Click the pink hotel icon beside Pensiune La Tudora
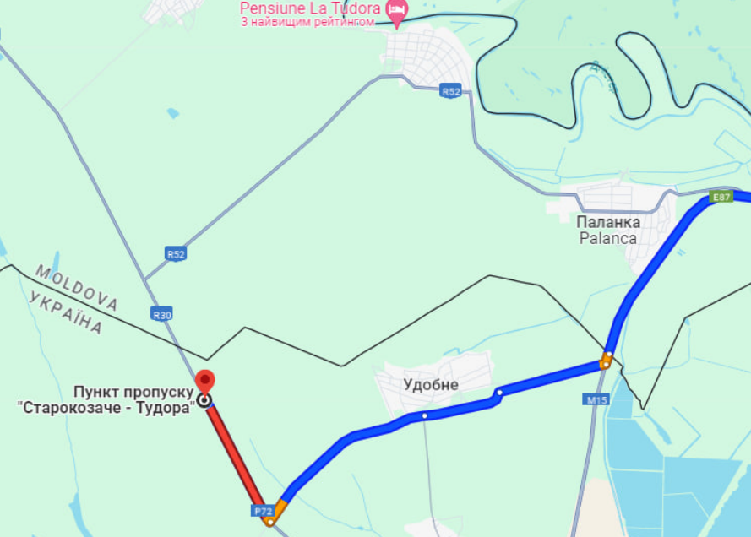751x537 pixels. pos(396,10)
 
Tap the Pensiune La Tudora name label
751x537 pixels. pos(311,8)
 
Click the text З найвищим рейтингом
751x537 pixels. pos(307,22)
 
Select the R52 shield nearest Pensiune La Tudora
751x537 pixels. pos(451,91)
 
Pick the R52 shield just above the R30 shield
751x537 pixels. pos(176,253)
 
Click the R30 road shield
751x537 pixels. pos(161,313)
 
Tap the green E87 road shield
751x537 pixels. pos(721,197)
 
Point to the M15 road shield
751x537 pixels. pos(596,399)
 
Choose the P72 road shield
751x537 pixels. pos(261,511)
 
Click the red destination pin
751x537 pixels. pos(204,382)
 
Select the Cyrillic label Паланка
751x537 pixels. pos(608,222)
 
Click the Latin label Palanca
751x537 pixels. pos(608,238)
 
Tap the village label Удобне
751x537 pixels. pos(430,385)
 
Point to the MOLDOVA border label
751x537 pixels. pos(76,287)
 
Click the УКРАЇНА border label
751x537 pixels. pos(65,312)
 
